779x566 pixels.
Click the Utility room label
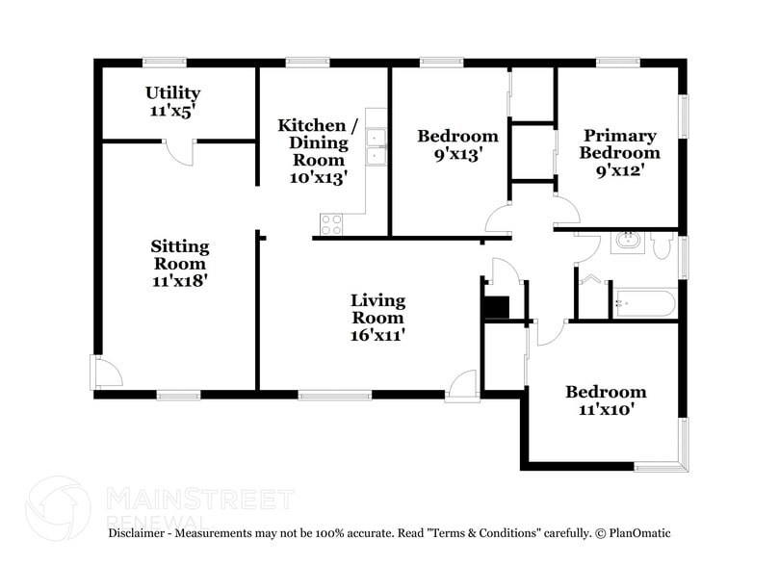[x=173, y=93]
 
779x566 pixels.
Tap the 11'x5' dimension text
[x=173, y=111]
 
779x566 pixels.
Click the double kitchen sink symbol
[x=376, y=147]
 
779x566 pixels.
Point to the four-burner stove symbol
[x=331, y=224]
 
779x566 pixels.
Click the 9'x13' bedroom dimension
[x=456, y=153]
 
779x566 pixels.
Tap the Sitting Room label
[x=179, y=255]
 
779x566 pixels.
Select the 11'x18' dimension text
[x=179, y=281]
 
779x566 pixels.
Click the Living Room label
[x=377, y=309]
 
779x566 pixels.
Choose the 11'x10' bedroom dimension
[x=605, y=409]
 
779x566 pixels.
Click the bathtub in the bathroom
[x=643, y=304]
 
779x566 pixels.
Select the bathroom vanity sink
[x=628, y=241]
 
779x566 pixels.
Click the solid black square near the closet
[x=495, y=307]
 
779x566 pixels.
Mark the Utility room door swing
[x=179, y=152]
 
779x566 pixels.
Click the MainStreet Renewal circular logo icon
[x=57, y=506]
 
